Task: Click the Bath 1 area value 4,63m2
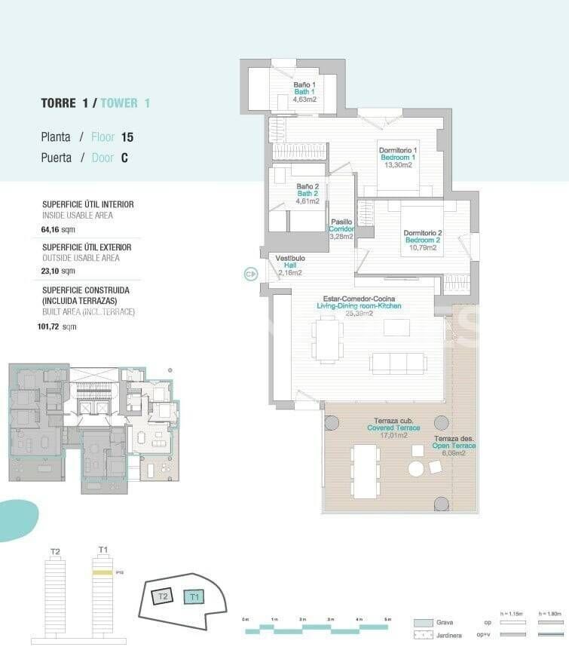[304, 99]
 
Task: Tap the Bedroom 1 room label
[398, 157]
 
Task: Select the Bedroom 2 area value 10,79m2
[421, 247]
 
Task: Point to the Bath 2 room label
[307, 194]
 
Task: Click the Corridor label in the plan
[341, 228]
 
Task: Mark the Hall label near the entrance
[290, 265]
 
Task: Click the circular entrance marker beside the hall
[251, 274]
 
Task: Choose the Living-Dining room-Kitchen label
[359, 306]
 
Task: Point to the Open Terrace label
[454, 446]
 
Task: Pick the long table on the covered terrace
[366, 471]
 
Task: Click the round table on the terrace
[416, 468]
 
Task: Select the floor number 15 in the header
[127, 137]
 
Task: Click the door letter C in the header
[124, 158]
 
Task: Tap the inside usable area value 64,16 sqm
[58, 228]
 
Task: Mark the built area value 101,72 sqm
[59, 326]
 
